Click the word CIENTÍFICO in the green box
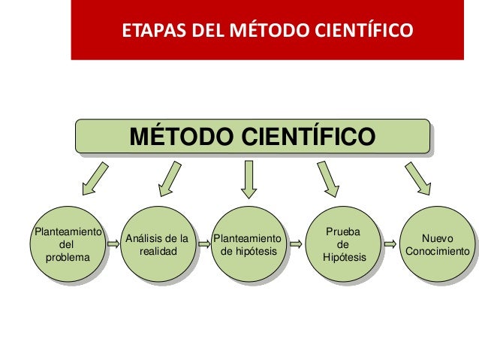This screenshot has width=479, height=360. tap(307, 138)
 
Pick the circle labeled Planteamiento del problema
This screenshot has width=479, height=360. tap(65, 244)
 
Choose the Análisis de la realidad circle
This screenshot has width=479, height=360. tap(157, 244)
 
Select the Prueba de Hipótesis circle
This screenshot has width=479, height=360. tap(344, 244)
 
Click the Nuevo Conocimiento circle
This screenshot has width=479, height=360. tap(438, 244)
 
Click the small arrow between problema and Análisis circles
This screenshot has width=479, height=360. tap(113, 244)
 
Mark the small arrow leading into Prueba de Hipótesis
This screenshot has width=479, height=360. tap(297, 244)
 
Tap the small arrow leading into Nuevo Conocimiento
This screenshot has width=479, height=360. tap(390, 244)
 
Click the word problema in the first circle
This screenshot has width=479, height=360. tap(66, 257)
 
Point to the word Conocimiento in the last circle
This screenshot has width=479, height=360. tap(438, 251)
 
